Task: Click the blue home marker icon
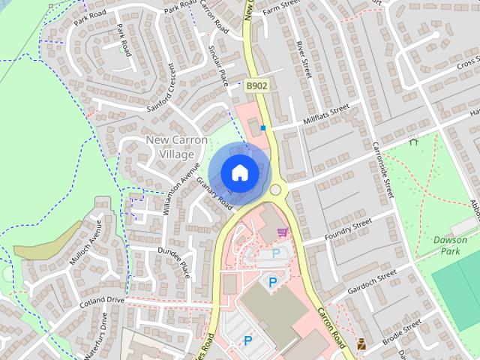(239, 172)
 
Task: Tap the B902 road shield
(256, 87)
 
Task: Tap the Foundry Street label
(348, 228)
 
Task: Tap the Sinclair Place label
(217, 64)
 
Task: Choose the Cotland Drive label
(105, 300)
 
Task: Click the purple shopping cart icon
(283, 232)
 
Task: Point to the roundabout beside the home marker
(277, 190)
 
